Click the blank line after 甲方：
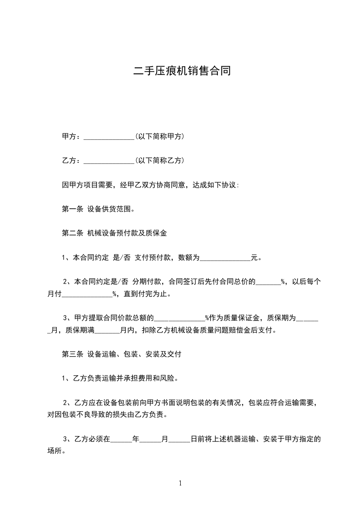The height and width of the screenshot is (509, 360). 109,137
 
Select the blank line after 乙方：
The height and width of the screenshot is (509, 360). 109,161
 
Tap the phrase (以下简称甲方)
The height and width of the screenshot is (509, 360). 159,136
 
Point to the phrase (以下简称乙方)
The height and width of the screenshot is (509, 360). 159,161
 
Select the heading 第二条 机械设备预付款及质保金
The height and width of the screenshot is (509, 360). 114,234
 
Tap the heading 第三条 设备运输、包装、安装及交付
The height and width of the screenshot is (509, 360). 121,354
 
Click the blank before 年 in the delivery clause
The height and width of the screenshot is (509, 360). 121,440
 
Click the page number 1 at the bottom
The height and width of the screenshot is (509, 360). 180,483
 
